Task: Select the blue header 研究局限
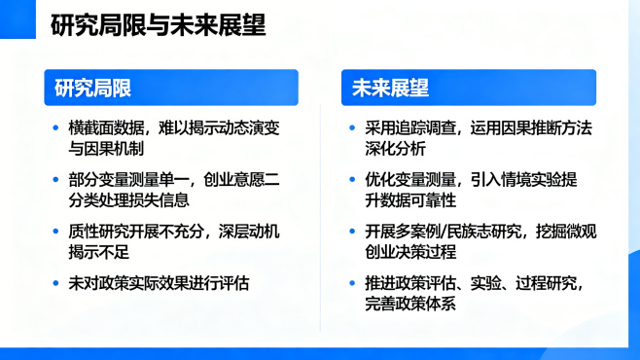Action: (93, 89)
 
